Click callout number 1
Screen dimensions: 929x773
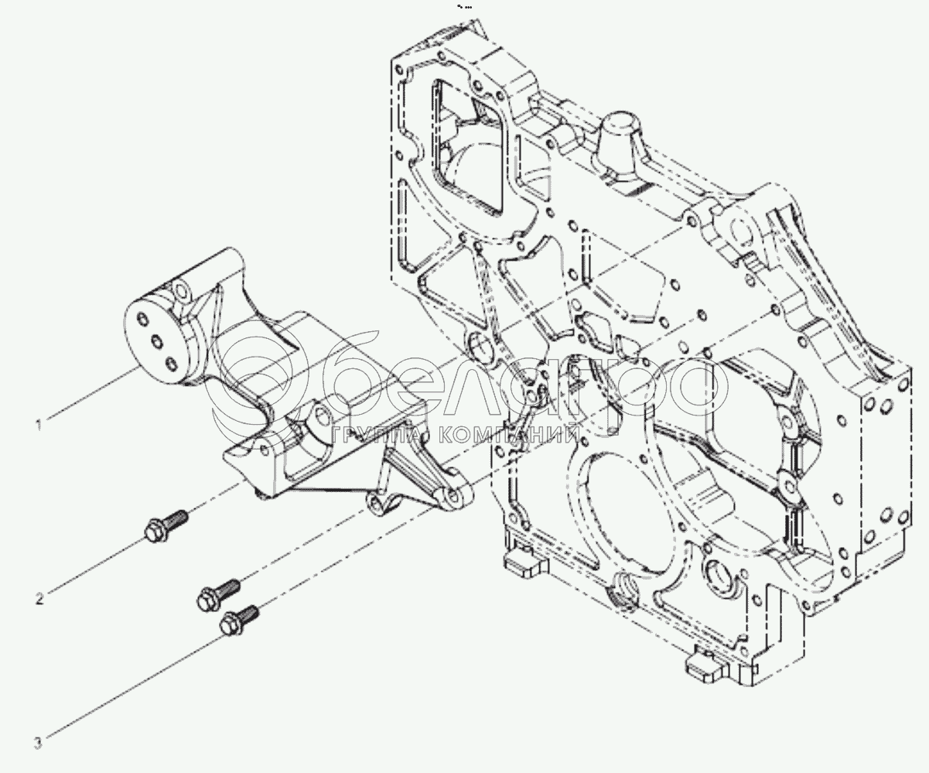pyautogui.click(x=39, y=425)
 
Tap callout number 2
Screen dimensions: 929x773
pyautogui.click(x=39, y=599)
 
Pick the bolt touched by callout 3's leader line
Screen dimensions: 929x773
pyautogui.click(x=239, y=620)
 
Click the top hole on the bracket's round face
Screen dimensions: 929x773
pyautogui.click(x=142, y=319)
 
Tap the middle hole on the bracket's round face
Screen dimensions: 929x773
pyautogui.click(x=156, y=342)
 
